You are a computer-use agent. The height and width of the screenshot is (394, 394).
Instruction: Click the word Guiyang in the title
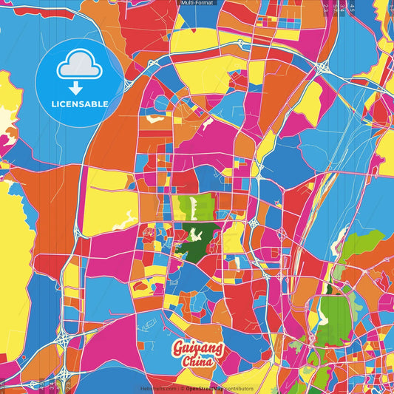point(191,349)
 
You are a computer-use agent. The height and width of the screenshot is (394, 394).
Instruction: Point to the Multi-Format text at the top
point(197,3)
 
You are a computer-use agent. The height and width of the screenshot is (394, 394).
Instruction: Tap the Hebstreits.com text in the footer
point(157,389)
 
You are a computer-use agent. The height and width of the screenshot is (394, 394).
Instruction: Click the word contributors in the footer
point(239,389)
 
